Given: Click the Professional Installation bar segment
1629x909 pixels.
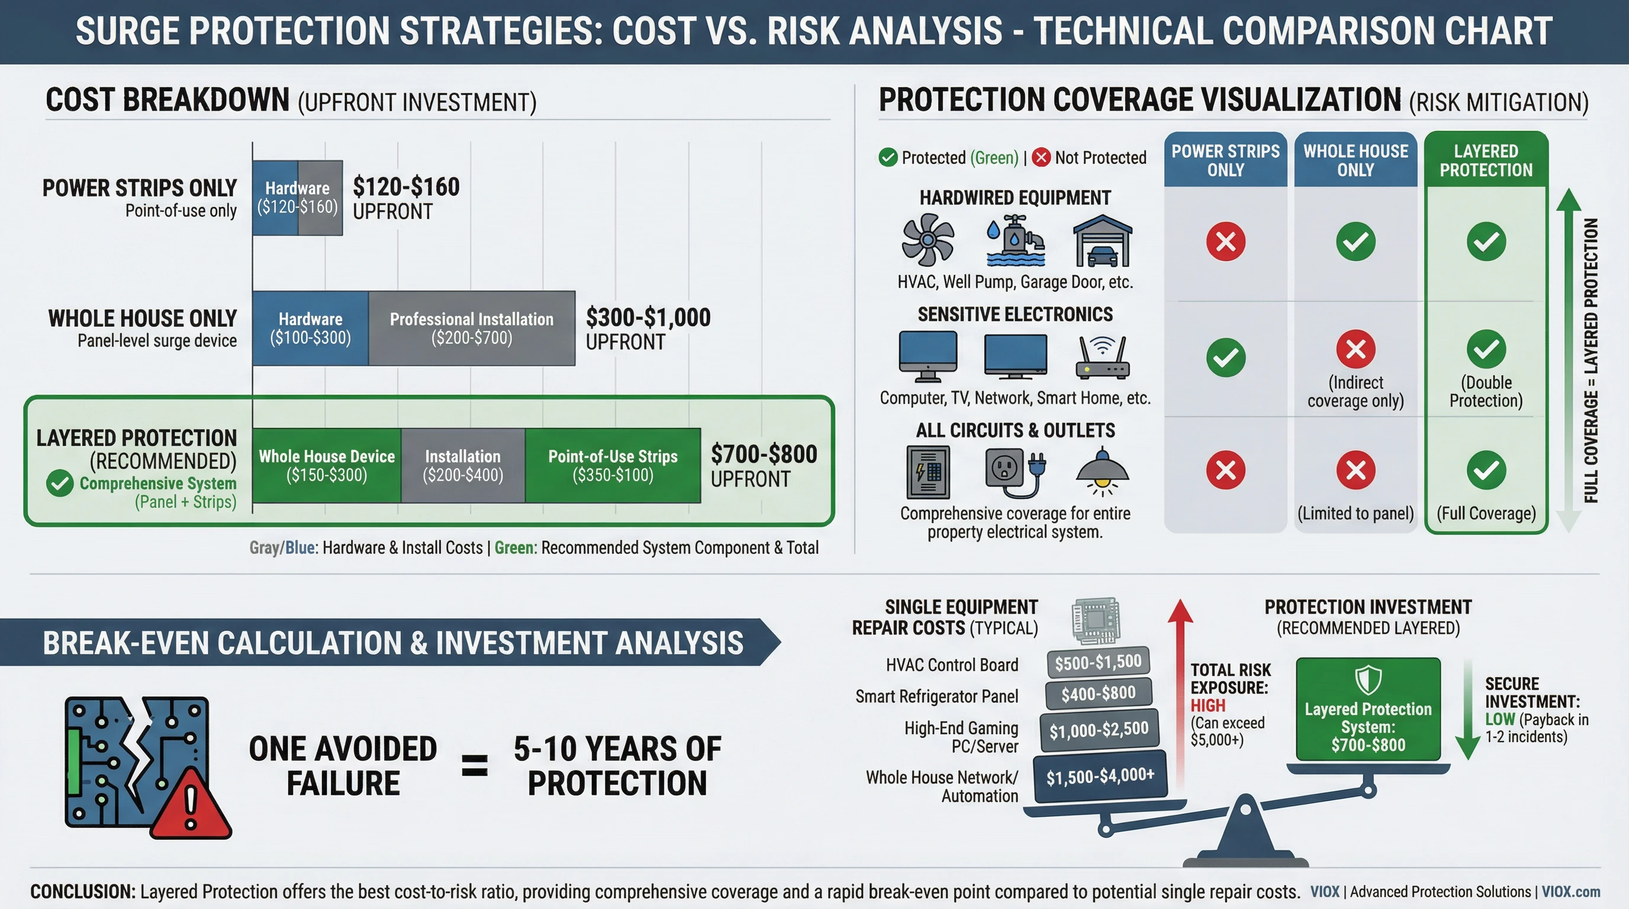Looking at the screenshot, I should click(x=471, y=328).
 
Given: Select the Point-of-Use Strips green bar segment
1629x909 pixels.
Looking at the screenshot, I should click(x=612, y=465).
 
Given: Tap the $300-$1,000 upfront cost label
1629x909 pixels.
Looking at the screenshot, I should click(x=648, y=328).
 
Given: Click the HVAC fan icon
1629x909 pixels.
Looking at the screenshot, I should click(x=927, y=240).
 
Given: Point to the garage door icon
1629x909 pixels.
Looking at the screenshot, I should click(x=1102, y=241).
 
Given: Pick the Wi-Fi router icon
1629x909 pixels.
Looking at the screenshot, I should click(x=1102, y=357).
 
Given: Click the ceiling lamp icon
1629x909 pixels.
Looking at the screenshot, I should click(x=1102, y=472).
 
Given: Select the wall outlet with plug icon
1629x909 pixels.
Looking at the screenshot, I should click(x=1015, y=472).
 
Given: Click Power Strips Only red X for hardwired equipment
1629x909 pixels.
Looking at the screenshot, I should click(x=1225, y=241).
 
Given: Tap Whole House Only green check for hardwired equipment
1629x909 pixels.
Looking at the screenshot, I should click(x=1355, y=241).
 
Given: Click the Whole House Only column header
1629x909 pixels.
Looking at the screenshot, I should click(x=1355, y=160).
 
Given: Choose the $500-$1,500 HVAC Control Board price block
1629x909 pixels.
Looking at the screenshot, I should click(x=1097, y=662).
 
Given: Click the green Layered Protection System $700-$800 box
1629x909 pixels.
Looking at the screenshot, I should click(x=1368, y=709).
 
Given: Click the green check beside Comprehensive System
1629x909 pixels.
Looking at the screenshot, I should click(x=60, y=483).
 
